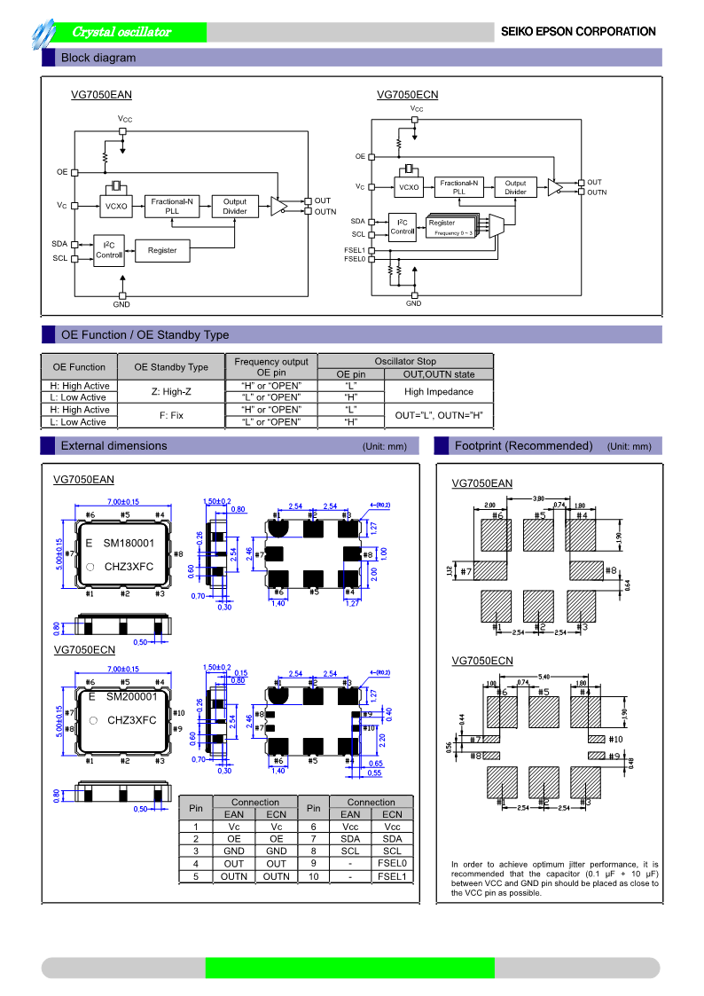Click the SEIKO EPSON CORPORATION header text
coord(578,32)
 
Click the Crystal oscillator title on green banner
coord(121,32)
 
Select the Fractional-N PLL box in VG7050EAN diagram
coord(172,206)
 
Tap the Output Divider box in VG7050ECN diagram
coord(515,187)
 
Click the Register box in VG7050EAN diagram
coord(162,251)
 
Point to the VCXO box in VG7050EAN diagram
coord(116,206)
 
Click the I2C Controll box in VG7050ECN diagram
coord(403,227)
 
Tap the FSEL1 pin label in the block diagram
coord(354,250)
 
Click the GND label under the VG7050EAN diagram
coord(121,305)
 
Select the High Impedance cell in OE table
coord(438,392)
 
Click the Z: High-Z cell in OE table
coord(171,392)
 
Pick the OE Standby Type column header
coord(171,367)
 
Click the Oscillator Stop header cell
coord(404,361)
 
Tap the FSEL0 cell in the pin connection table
coord(392,863)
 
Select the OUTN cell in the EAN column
coord(234,876)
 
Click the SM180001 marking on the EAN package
coord(129,543)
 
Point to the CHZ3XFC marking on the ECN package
coord(131,720)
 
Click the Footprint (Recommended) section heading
coord(523,445)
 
